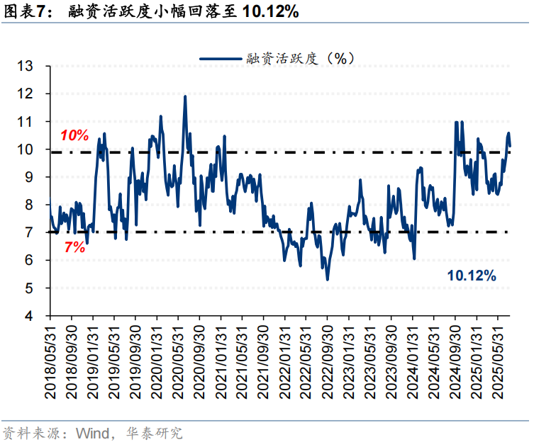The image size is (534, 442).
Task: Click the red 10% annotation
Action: tap(73, 135)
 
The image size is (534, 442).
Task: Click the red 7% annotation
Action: tap(73, 247)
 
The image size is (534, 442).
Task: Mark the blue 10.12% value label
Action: tap(471, 276)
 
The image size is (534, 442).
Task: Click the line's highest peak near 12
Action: tap(185, 96)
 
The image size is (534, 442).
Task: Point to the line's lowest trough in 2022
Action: tap(327, 279)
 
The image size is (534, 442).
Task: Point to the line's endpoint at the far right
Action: tap(510, 145)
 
